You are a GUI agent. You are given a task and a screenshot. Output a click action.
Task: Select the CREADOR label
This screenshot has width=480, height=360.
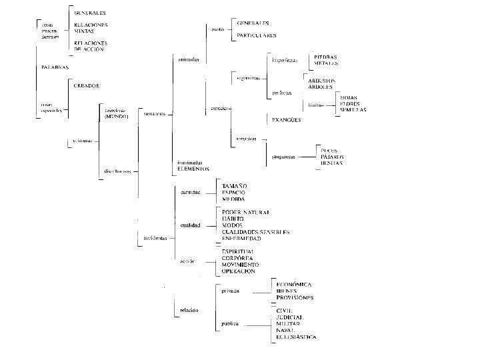point(87,85)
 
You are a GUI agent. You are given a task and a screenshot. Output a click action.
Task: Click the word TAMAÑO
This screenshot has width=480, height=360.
point(234,185)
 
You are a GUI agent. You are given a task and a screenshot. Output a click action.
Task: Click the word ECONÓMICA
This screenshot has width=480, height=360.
point(295,284)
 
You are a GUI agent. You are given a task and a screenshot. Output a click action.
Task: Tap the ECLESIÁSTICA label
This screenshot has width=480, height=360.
point(296,337)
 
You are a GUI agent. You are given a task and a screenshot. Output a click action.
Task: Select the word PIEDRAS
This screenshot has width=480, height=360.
point(325,57)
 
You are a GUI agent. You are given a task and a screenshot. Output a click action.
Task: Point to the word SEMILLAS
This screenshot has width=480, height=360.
point(353,109)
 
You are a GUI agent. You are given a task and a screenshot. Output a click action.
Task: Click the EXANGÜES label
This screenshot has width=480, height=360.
point(286,119)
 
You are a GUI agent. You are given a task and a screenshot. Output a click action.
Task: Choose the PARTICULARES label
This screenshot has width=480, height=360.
point(257,35)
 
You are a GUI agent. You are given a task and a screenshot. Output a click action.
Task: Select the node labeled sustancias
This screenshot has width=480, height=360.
point(155,113)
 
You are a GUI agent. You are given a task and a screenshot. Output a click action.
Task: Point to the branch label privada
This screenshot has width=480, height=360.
point(231,291)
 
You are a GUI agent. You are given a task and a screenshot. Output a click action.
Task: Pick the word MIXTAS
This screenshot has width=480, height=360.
point(85,31)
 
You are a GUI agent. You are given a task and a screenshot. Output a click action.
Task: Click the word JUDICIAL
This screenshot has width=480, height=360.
point(290,317)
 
